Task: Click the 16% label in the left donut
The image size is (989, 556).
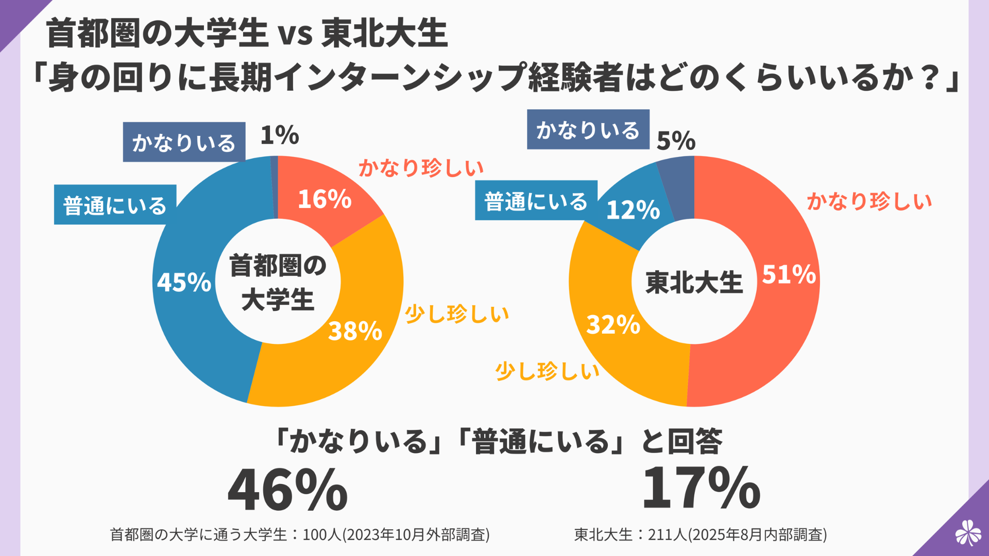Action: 325,199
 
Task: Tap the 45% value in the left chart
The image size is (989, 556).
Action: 184,282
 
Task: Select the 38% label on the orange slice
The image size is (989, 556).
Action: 355,331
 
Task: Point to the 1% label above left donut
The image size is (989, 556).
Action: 279,135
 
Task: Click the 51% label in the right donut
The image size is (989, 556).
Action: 789,274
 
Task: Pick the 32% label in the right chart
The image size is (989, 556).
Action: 613,325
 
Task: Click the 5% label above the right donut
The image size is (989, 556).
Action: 676,141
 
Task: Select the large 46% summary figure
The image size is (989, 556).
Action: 287,490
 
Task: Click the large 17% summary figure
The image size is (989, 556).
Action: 701,488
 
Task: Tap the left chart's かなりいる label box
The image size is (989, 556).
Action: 184,142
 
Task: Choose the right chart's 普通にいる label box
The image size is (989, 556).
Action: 536,201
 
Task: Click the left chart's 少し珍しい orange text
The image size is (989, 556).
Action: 457,314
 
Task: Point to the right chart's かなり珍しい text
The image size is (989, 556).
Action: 869,201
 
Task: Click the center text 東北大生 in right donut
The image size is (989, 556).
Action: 694,282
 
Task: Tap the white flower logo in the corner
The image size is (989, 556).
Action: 968,532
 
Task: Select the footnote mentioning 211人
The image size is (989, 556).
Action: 701,534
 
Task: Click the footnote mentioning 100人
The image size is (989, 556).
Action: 299,534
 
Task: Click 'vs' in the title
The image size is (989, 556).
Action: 295,34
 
